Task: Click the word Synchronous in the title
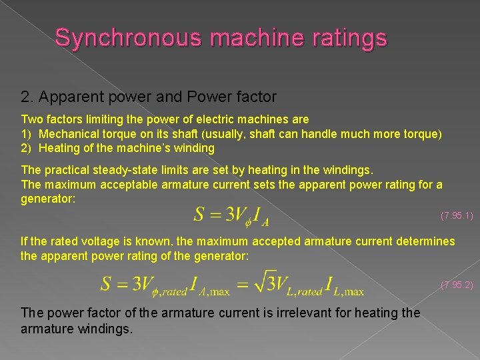(x=128, y=37)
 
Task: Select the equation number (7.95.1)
(x=457, y=215)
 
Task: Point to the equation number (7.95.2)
(x=457, y=285)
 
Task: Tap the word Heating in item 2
(x=61, y=147)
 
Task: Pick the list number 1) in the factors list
(x=27, y=133)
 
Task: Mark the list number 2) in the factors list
(x=27, y=147)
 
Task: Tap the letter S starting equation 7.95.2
(x=107, y=283)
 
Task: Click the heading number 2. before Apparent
(x=27, y=97)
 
